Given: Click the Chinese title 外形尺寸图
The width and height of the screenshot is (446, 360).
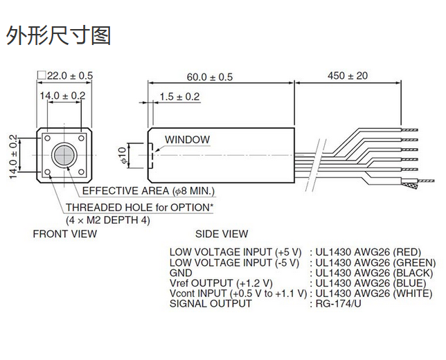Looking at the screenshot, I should pyautogui.click(x=58, y=35).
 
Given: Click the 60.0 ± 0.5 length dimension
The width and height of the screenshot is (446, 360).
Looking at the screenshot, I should pyautogui.click(x=210, y=76).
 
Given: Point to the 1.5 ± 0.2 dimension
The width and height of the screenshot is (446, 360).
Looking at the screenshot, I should pyautogui.click(x=179, y=97).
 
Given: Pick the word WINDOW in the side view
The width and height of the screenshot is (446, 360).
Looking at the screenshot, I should pyautogui.click(x=187, y=140).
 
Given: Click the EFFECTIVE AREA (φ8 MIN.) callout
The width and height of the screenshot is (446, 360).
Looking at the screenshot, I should pyautogui.click(x=148, y=191).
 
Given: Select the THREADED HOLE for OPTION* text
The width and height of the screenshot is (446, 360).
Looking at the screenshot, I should pyautogui.click(x=139, y=208).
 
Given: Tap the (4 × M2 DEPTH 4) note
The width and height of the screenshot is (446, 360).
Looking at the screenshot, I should pyautogui.click(x=107, y=219).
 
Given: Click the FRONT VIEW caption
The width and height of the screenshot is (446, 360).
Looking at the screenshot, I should pyautogui.click(x=65, y=234).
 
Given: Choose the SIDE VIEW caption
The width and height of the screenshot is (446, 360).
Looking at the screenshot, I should pyautogui.click(x=222, y=234).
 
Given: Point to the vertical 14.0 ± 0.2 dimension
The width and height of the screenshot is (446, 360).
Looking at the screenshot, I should pyautogui.click(x=12, y=156).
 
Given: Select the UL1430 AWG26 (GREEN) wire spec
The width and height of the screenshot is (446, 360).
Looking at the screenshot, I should pyautogui.click(x=373, y=262).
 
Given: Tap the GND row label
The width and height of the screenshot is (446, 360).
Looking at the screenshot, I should pyautogui.click(x=181, y=273).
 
